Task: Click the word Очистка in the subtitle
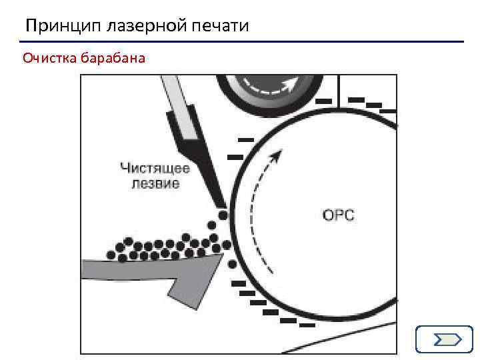[x=49, y=59]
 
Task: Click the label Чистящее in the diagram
[x=155, y=168]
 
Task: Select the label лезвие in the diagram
[x=154, y=183]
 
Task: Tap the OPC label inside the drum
[x=338, y=215]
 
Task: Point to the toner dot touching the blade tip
[x=223, y=215]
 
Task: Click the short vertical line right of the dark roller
[x=339, y=90]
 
